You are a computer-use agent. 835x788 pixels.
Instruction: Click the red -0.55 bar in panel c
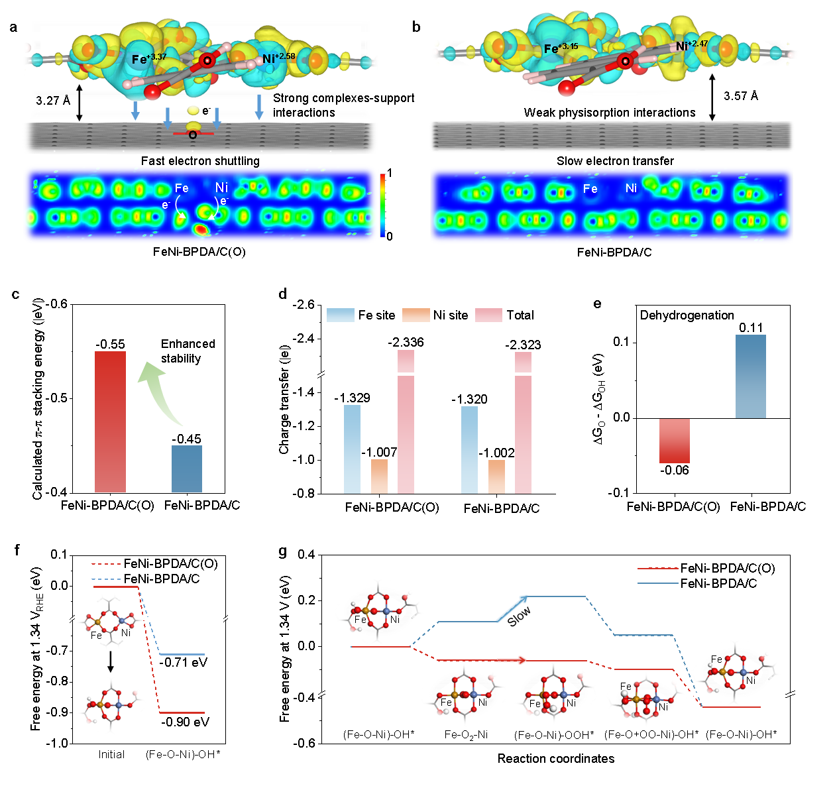tap(111, 422)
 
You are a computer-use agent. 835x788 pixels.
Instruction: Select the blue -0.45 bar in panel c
tap(187, 469)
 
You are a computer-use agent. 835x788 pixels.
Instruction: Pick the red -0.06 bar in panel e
tap(675, 440)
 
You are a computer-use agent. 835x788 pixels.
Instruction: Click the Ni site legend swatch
tap(416, 315)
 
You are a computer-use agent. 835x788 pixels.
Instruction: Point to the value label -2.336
tap(406, 342)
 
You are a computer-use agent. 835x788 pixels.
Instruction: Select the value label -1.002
tap(496, 453)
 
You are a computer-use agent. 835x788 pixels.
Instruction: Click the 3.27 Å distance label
tap(53, 101)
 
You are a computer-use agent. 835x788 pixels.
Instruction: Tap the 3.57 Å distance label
tap(741, 96)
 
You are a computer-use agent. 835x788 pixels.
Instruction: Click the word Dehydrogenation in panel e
tap(687, 315)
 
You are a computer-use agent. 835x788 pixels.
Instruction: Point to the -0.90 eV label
tap(185, 722)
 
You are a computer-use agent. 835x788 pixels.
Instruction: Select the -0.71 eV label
tap(184, 662)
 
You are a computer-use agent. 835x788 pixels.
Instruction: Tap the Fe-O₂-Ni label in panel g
tap(466, 734)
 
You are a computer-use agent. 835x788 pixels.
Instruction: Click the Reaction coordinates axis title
tap(556, 759)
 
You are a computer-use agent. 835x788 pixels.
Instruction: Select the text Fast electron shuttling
tap(200, 161)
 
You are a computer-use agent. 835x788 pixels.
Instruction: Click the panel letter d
tap(283, 294)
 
